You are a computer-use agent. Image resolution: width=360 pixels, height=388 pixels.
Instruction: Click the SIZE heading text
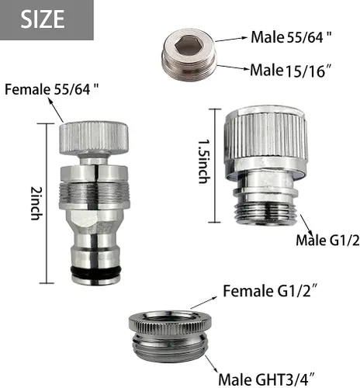43,19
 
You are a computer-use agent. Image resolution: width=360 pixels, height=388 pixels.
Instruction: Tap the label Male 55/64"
291,37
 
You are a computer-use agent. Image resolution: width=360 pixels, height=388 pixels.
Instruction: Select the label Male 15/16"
291,70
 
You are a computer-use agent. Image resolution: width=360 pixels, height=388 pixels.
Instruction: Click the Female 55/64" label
52,89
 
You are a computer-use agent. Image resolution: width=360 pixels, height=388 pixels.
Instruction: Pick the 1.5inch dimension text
204,161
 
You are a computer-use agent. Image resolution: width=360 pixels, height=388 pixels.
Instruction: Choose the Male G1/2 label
327,241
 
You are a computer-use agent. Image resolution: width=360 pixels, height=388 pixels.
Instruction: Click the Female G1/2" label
270,291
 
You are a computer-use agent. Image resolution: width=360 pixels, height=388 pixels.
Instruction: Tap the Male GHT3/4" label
267,379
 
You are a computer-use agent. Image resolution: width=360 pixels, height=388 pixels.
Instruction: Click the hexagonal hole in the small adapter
188,46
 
